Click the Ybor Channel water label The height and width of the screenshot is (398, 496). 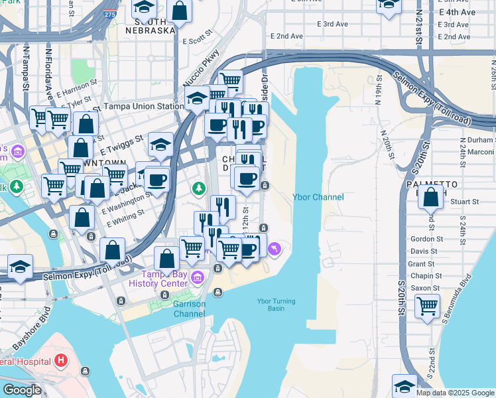coord(318,197)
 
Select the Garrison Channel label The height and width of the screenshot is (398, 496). coord(189,308)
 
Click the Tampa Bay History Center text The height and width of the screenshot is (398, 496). coord(165,279)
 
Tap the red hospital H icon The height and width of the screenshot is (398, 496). coord(62,362)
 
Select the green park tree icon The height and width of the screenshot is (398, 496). coord(198,189)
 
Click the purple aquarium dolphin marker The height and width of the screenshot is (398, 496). coord(275,249)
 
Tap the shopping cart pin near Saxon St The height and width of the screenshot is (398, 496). coord(428,306)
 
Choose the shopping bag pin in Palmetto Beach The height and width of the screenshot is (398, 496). coord(431,196)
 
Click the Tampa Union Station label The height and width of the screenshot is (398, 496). coord(143,106)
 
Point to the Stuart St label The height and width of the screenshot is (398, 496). coord(464,202)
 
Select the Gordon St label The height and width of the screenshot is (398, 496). coord(426,239)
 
